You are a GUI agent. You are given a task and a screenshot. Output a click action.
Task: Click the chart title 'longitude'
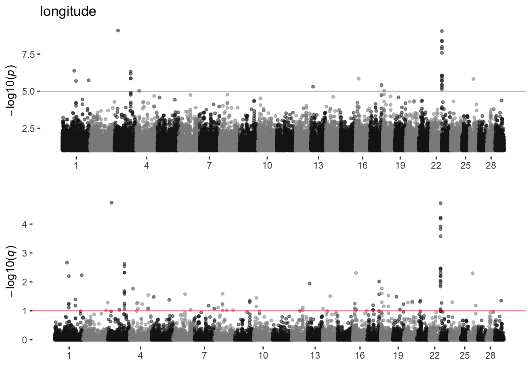coord(68,11)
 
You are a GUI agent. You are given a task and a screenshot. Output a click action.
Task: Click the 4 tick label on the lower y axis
coord(25,224)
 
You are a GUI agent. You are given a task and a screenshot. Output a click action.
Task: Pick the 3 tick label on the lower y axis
coord(25,253)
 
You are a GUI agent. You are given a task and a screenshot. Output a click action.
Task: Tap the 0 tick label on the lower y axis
coord(25,340)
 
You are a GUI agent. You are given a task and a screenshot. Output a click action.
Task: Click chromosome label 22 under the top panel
coord(436,165)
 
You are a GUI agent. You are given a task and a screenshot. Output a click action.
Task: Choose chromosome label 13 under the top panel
coord(318,165)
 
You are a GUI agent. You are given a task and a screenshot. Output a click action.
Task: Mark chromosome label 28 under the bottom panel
coord(490,355)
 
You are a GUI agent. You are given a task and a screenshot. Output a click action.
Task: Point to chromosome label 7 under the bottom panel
coord(204,355)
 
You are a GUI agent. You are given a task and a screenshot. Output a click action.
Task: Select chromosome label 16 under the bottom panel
coord(359,355)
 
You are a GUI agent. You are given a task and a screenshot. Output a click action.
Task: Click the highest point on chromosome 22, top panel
coord(442,31)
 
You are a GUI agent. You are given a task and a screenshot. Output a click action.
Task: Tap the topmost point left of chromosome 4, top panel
coord(118,30)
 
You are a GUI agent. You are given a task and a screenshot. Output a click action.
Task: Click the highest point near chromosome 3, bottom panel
coord(112,203)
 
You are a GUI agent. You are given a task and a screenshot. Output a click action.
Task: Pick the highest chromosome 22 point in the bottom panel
coord(441,203)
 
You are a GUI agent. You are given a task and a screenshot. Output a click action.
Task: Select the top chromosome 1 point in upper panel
coord(74,71)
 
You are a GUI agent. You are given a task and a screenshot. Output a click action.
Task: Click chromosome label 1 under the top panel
coord(76,165)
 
